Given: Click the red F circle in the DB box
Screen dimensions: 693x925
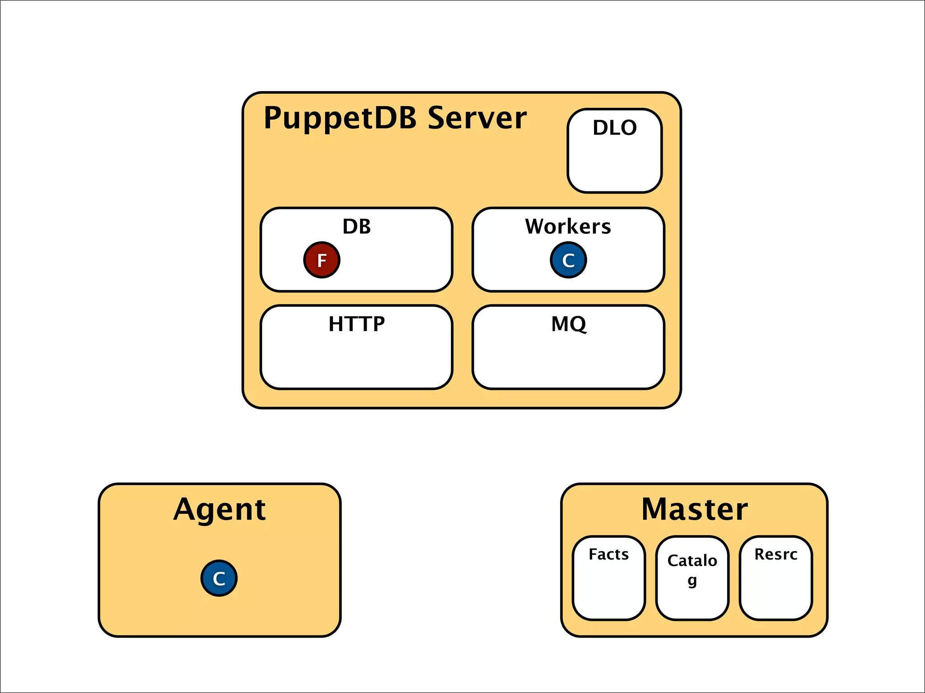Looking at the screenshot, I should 322,260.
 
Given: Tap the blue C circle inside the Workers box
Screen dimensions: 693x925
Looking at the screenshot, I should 568,260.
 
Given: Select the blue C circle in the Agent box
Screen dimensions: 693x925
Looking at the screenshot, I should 219,578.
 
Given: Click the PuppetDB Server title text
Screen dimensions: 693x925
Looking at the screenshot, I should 395,118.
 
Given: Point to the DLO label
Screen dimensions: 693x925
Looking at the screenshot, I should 615,128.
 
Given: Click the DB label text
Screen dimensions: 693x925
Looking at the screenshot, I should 356,226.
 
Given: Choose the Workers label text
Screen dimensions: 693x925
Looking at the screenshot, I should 568,226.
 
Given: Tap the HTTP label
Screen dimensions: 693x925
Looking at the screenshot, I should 356,323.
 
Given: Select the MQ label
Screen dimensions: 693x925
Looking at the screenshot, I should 569,323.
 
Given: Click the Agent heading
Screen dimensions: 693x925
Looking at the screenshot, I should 220,509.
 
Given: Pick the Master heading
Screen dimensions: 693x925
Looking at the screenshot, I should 694,509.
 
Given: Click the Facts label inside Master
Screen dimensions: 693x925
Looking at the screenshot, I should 608,554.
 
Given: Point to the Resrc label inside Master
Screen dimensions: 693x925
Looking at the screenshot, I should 776,554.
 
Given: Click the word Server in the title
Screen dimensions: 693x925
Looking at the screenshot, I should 477,118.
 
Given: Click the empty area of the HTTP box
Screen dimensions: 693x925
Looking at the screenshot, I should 356,361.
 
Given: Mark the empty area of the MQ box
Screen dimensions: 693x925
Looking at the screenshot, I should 568,361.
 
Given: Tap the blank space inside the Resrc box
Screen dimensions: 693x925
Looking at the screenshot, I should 776,591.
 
